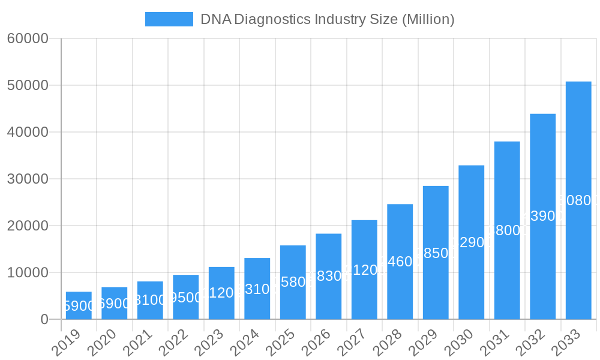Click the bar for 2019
[79, 305]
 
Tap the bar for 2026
[328, 276]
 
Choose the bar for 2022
[185, 297]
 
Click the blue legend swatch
[169, 19]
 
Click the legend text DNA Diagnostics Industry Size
[327, 19]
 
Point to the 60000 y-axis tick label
[27, 38]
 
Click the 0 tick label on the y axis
[44, 319]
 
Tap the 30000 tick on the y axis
[27, 179]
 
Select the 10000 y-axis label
[27, 272]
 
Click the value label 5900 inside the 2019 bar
[79, 306]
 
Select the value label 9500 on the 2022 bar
[185, 298]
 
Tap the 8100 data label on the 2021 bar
[150, 300]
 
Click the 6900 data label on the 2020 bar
[114, 304]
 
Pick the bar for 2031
[507, 230]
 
